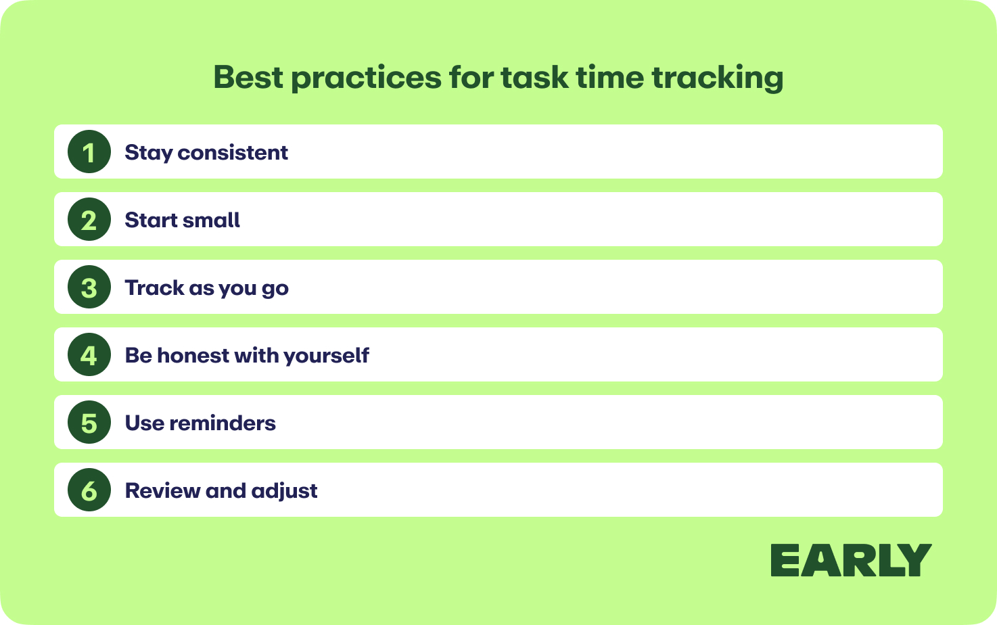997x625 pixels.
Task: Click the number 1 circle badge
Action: (x=89, y=152)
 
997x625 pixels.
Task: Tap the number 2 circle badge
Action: (x=89, y=219)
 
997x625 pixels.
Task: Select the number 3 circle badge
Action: (x=89, y=287)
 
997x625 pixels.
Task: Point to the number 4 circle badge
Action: (x=89, y=354)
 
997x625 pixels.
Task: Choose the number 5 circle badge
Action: (x=89, y=422)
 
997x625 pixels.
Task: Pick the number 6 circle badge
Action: (x=89, y=490)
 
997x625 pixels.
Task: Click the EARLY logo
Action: (x=851, y=560)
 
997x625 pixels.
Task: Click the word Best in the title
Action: (x=248, y=78)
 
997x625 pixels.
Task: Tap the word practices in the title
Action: (x=367, y=78)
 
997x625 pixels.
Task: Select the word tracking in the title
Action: (x=718, y=78)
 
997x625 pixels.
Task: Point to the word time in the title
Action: (x=610, y=78)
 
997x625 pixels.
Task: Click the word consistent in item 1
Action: (x=233, y=153)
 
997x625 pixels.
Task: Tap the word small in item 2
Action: (x=211, y=220)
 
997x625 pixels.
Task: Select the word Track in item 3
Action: (x=154, y=287)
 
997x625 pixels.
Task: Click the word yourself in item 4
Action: (x=327, y=356)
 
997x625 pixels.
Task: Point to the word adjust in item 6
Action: (x=284, y=492)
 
